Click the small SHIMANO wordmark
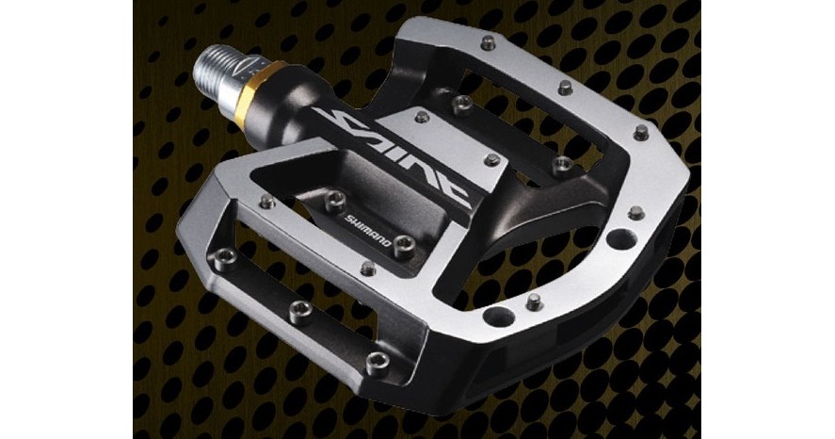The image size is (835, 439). pos(367,230)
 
